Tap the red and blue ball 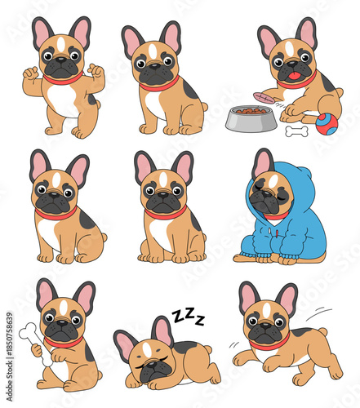click(x=327, y=123)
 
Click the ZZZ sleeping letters click(x=188, y=317)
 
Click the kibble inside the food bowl click(x=247, y=109)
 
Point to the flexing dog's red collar click(x=62, y=80)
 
